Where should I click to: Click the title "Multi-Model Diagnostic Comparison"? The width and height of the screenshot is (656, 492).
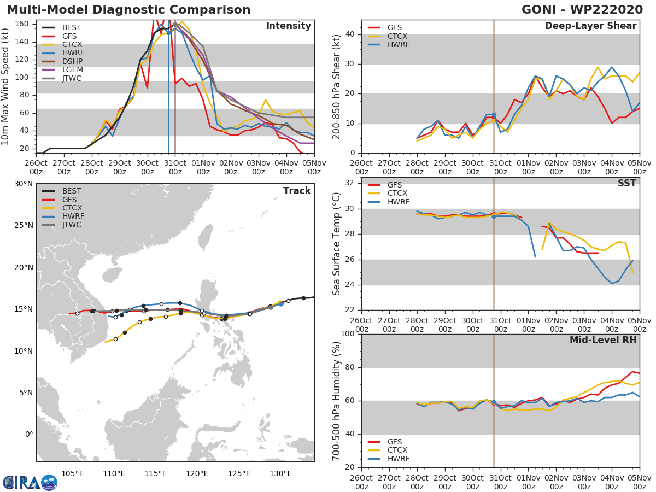pyautogui.click(x=128, y=10)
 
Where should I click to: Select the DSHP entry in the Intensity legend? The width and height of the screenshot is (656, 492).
pyautogui.click(x=71, y=62)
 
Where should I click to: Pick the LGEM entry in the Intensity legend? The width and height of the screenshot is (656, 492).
pyautogui.click(x=71, y=71)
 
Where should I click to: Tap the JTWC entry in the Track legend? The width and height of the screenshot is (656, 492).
pyautogui.click(x=72, y=225)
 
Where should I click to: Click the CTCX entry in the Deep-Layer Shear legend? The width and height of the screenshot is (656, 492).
pyautogui.click(x=398, y=36)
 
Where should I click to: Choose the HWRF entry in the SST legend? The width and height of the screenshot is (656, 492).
pyautogui.click(x=398, y=202)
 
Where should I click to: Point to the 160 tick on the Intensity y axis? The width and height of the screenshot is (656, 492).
pyautogui.click(x=22, y=24)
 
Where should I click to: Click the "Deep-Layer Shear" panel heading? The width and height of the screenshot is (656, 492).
pyautogui.click(x=590, y=26)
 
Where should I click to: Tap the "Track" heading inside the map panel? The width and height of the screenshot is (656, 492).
pyautogui.click(x=297, y=191)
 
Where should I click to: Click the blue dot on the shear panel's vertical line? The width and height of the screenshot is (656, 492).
pyautogui.click(x=494, y=115)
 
